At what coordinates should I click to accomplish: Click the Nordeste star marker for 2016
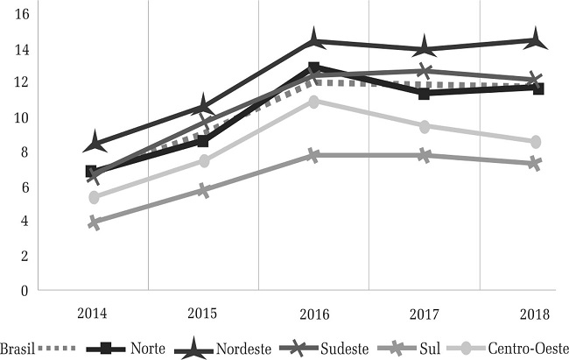tap(313, 40)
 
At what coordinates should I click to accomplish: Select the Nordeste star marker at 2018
tap(535, 39)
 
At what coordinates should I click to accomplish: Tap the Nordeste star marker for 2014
tap(93, 143)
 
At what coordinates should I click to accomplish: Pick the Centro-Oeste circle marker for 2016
tap(313, 102)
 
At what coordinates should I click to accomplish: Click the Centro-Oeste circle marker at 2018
tap(535, 142)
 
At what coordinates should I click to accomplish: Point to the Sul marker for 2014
tap(93, 223)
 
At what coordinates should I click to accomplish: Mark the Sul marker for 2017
tap(425, 155)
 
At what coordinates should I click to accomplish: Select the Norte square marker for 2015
tap(203, 141)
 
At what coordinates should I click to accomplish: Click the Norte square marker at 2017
tap(425, 93)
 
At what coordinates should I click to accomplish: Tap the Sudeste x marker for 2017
tap(425, 71)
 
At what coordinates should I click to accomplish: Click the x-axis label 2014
tap(93, 313)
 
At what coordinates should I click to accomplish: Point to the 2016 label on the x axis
tap(313, 313)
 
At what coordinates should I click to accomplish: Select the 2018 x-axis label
tap(535, 313)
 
